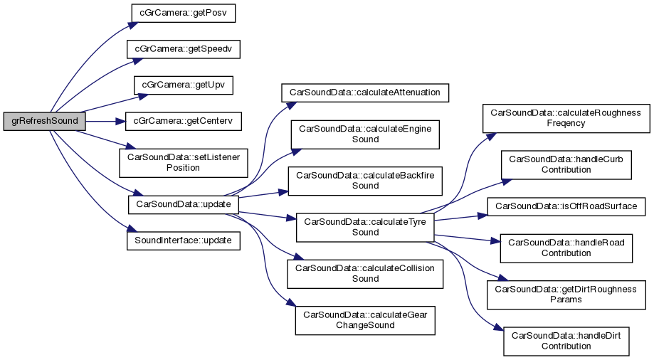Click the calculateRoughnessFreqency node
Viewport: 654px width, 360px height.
tap(567, 117)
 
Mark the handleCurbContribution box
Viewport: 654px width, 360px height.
tap(567, 164)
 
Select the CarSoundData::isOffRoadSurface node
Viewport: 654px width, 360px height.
tap(567, 206)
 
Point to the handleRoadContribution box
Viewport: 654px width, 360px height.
tap(567, 248)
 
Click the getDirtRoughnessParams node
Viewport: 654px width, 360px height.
tap(567, 294)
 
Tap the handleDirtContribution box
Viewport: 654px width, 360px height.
tap(567, 341)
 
